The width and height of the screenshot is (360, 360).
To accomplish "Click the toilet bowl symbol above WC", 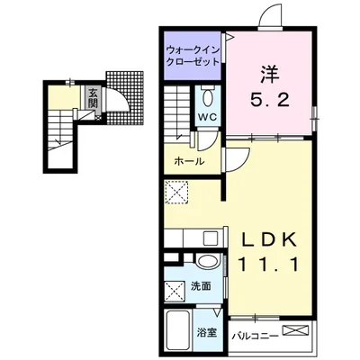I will (207, 97).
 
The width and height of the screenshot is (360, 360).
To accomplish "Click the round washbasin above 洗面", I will (206, 263).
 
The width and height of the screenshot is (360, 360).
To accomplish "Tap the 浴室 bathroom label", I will (206, 333).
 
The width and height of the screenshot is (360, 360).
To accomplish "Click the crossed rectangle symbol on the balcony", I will (294, 331).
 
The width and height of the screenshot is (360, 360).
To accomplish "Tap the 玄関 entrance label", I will (91, 94).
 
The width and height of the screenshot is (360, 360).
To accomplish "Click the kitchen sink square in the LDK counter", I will (210, 238).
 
